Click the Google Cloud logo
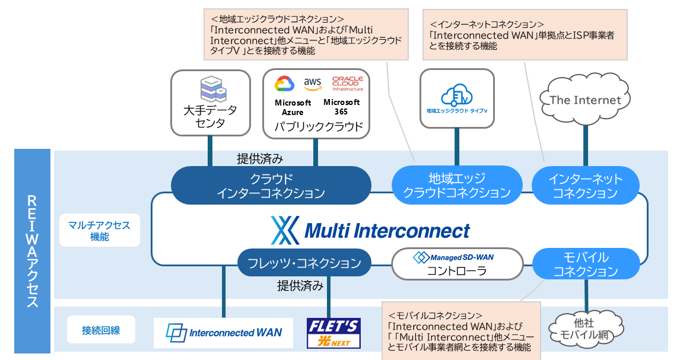pyautogui.click(x=285, y=84)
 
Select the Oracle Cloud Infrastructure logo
pyautogui.click(x=347, y=83)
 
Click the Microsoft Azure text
pyautogui.click(x=293, y=107)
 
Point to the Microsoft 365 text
pyautogui.click(x=341, y=107)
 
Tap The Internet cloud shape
pyautogui.click(x=585, y=100)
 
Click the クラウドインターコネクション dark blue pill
pyautogui.click(x=271, y=186)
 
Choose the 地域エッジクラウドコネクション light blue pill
pyautogui.click(x=457, y=186)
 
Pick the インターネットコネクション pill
pyautogui.click(x=585, y=186)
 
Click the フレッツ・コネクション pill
pyautogui.click(x=304, y=262)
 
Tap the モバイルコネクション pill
pyautogui.click(x=586, y=265)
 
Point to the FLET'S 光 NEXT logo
pyautogui.click(x=333, y=333)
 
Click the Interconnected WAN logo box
pyautogui.click(x=224, y=333)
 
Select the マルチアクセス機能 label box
pyautogui.click(x=99, y=231)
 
